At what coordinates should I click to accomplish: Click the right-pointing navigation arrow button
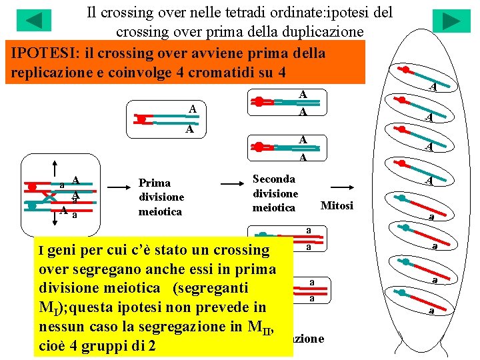point(451,21)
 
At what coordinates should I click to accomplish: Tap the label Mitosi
point(337,205)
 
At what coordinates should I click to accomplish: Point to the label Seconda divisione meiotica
point(275,193)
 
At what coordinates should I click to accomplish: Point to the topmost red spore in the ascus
point(405,70)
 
